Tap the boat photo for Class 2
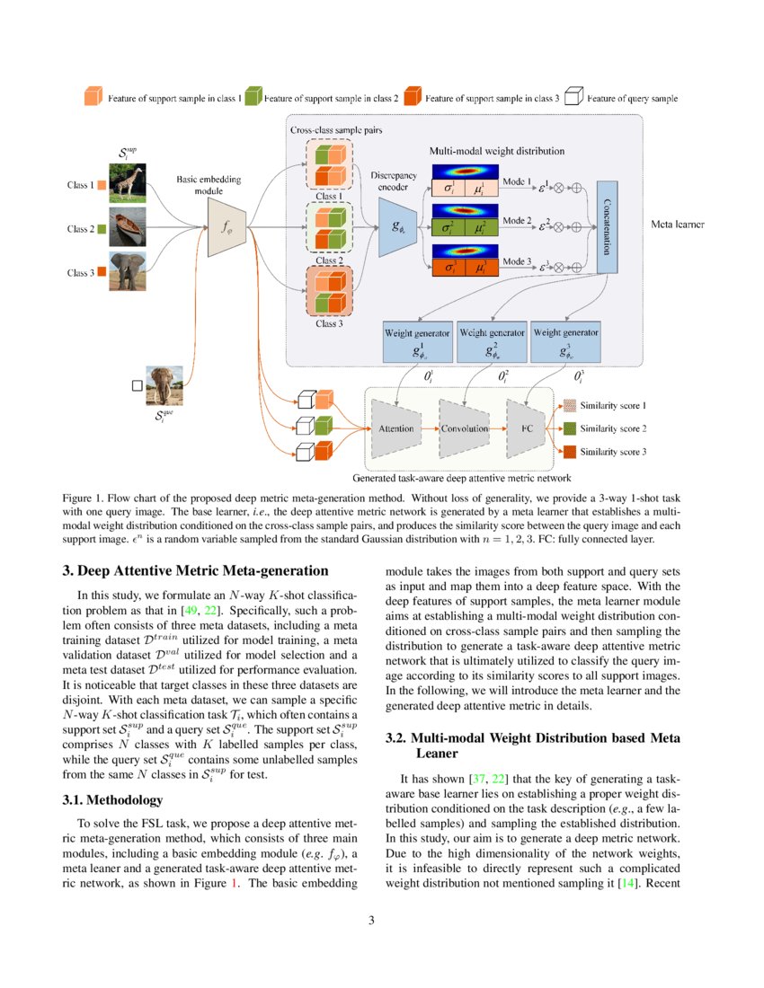[128, 228]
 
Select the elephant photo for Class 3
[128, 271]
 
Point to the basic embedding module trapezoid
[227, 228]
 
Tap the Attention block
[396, 428]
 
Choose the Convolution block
[464, 428]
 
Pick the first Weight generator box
[418, 341]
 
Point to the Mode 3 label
[517, 261]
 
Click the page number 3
[381, 920]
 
